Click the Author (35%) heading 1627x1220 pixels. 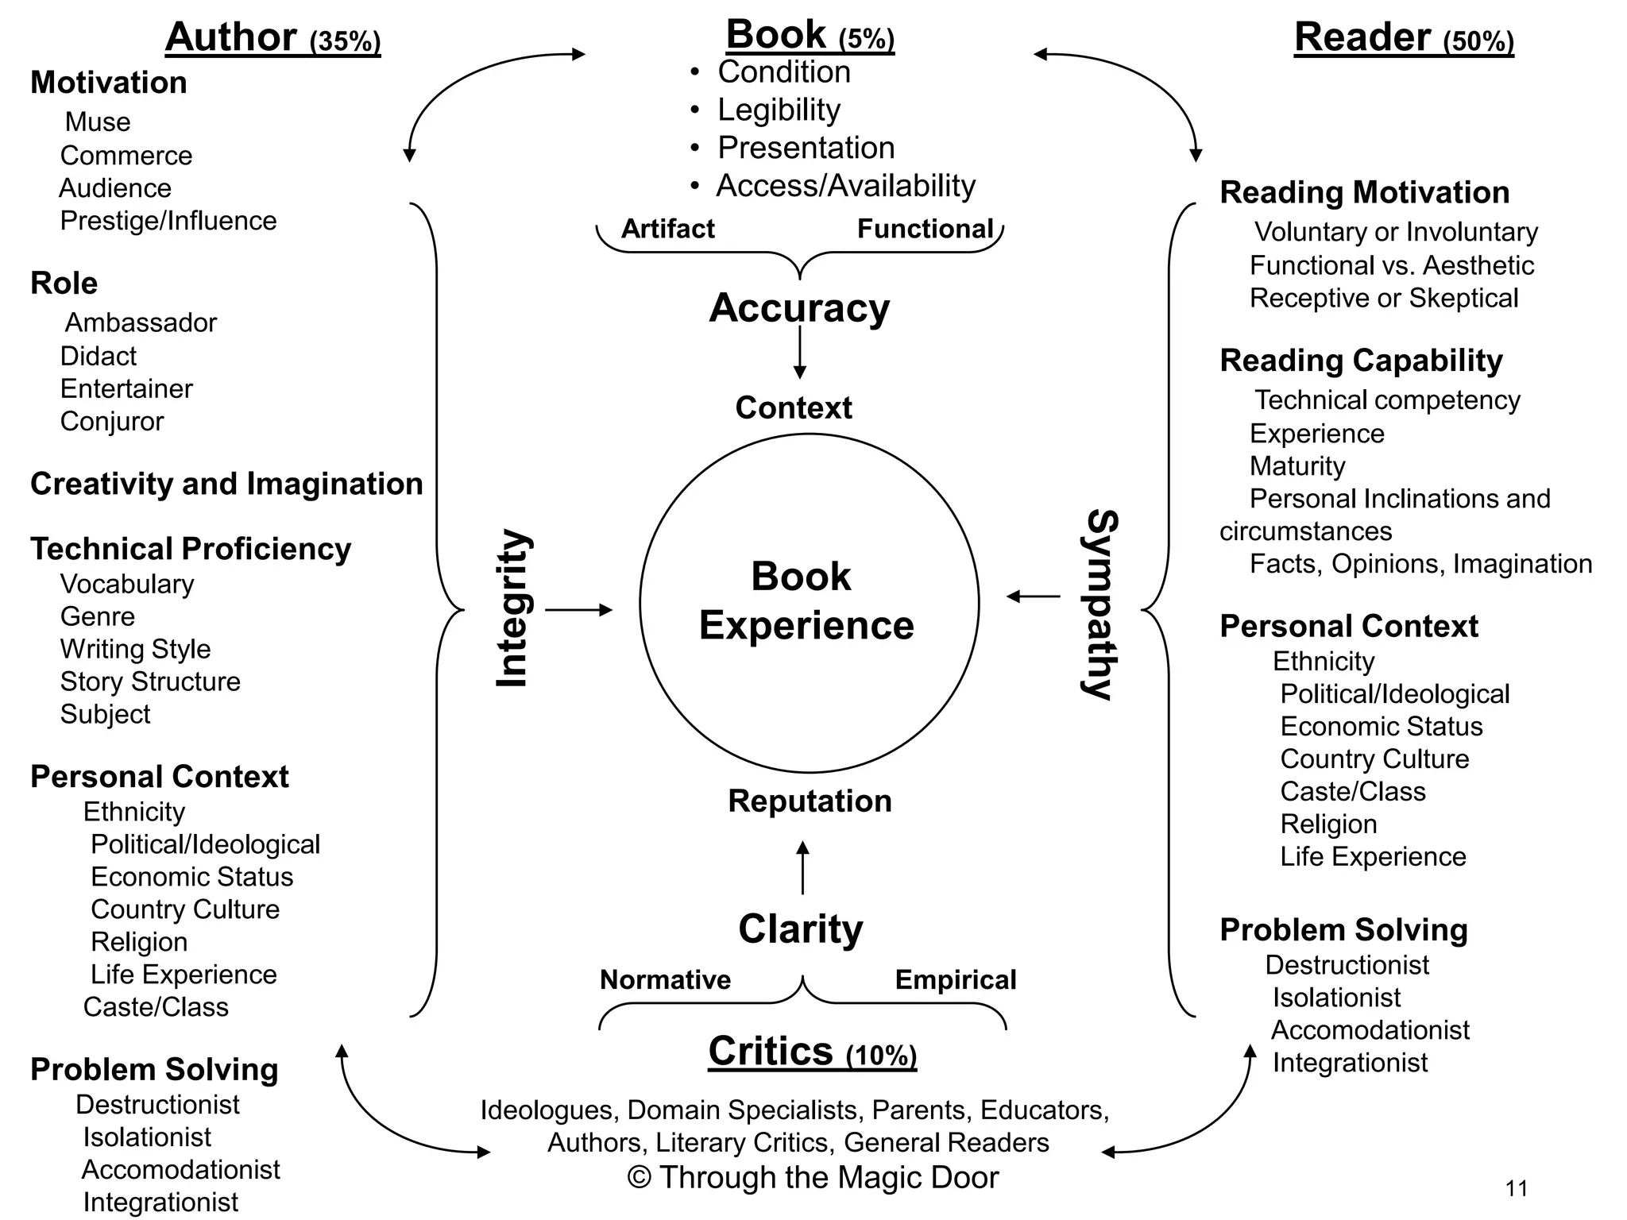click(x=272, y=37)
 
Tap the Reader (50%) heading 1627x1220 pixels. click(x=1403, y=37)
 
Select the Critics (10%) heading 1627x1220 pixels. click(x=812, y=1052)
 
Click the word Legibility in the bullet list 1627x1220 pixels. click(x=779, y=110)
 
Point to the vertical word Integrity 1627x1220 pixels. click(x=512, y=608)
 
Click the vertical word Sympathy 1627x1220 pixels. click(x=1101, y=604)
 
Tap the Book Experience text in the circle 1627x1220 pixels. click(x=806, y=600)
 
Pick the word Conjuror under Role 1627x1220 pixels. click(x=112, y=421)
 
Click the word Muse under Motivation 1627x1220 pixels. click(x=98, y=122)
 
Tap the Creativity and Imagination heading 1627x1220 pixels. click(x=226, y=484)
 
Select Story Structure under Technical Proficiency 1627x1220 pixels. click(x=150, y=681)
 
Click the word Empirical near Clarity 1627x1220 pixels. click(x=955, y=979)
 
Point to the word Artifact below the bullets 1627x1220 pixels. click(x=667, y=229)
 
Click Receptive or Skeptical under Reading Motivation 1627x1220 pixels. click(x=1383, y=298)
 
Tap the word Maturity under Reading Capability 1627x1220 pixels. click(x=1297, y=465)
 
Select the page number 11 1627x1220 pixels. click(x=1516, y=1188)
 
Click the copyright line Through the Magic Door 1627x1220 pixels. click(x=813, y=1177)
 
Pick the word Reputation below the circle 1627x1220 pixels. click(x=810, y=801)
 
